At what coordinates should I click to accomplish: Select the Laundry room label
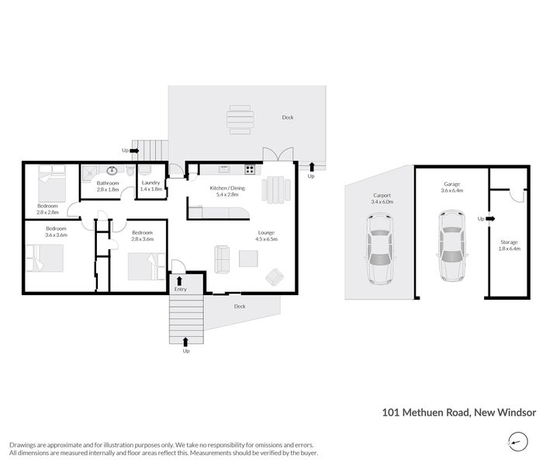[x=150, y=183]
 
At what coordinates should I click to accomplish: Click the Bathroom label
[x=108, y=183]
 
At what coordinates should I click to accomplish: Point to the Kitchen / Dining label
[x=227, y=189]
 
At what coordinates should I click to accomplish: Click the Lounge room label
[x=266, y=232]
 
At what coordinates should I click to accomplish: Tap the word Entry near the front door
[x=181, y=290]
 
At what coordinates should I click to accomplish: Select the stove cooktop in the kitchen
[x=250, y=169]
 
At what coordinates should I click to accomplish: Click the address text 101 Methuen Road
[x=425, y=413]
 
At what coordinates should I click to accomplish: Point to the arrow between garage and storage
[x=489, y=219]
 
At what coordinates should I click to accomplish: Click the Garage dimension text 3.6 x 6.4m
[x=451, y=190]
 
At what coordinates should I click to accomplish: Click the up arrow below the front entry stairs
[x=185, y=340]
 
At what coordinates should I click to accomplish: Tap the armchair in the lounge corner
[x=274, y=276]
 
